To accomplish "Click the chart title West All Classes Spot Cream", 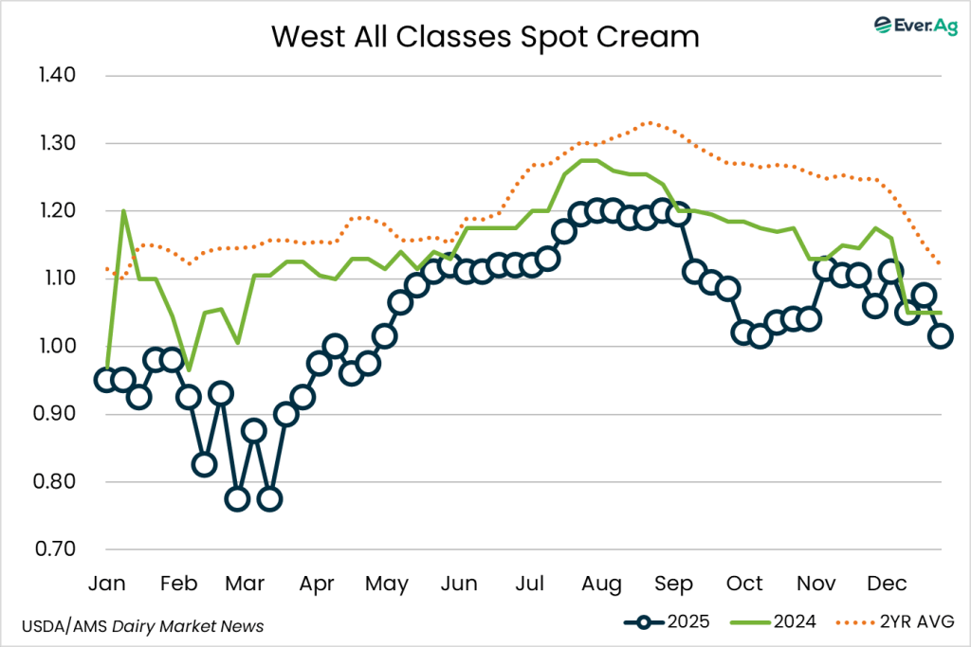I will [485, 37].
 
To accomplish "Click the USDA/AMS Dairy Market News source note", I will [142, 626].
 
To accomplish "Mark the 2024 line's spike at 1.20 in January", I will [123, 210].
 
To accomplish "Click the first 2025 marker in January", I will [106, 380].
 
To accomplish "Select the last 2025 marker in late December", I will [941, 335].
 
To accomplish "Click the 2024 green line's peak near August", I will [588, 160].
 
